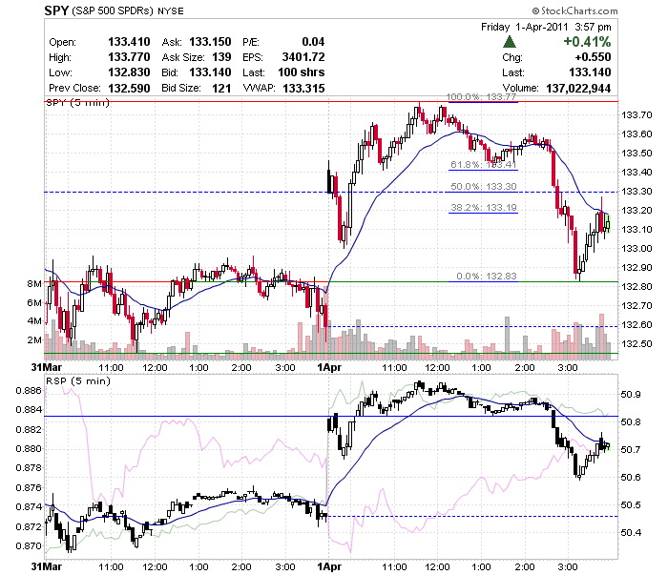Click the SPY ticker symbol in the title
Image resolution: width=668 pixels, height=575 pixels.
pyautogui.click(x=56, y=10)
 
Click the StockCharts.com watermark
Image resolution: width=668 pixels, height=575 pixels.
pyautogui.click(x=574, y=10)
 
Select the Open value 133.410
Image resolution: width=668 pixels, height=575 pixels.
pyautogui.click(x=129, y=42)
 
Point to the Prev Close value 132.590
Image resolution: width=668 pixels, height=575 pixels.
pyautogui.click(x=129, y=88)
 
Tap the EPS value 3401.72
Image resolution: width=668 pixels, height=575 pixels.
pyautogui.click(x=303, y=57)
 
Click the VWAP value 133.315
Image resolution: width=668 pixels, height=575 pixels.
pyautogui.click(x=303, y=88)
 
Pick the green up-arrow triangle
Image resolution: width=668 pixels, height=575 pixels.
pyautogui.click(x=510, y=42)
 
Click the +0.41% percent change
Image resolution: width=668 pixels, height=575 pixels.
pyautogui.click(x=587, y=42)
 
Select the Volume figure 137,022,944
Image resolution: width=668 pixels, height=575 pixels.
pyautogui.click(x=578, y=88)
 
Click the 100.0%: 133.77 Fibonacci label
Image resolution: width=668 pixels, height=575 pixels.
pyautogui.click(x=481, y=97)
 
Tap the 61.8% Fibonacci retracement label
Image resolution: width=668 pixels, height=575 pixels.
pyautogui.click(x=484, y=165)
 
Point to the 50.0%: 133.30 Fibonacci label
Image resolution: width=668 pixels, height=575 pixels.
pyautogui.click(x=484, y=186)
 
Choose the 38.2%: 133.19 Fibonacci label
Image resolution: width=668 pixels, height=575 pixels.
pyautogui.click(x=484, y=208)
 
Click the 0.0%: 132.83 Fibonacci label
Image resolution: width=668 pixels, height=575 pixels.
pyautogui.click(x=487, y=277)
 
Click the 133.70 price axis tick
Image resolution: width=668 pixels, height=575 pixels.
pyautogui.click(x=637, y=115)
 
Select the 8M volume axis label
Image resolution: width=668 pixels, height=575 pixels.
pyautogui.click(x=34, y=284)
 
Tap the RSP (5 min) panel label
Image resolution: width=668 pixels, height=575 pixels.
pyautogui.click(x=78, y=380)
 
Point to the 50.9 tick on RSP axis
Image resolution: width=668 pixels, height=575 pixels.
pyautogui.click(x=631, y=395)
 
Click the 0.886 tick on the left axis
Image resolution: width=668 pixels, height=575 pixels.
pyautogui.click(x=29, y=390)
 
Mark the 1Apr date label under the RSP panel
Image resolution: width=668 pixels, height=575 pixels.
pyautogui.click(x=329, y=567)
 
